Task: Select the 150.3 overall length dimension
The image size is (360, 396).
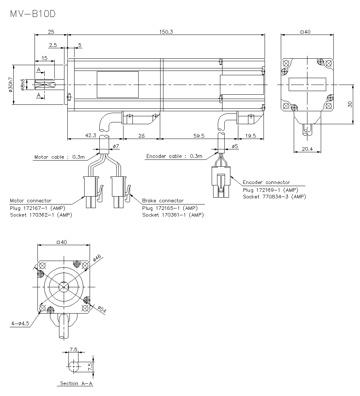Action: [166, 32]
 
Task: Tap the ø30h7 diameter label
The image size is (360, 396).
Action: [10, 85]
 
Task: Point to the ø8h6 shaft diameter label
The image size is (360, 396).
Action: [23, 85]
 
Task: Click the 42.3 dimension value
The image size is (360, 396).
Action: [90, 136]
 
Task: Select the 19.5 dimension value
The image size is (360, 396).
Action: [250, 136]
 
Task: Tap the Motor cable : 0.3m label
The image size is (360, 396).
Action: [59, 157]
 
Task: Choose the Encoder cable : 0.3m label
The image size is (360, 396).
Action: [174, 156]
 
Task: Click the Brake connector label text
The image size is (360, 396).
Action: [163, 201]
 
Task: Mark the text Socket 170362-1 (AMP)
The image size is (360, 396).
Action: [41, 215]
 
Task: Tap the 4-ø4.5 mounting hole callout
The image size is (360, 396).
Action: [19, 324]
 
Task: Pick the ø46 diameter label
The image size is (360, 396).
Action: [97, 258]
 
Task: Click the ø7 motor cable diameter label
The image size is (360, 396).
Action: [116, 147]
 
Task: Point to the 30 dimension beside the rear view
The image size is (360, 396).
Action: [349, 104]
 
